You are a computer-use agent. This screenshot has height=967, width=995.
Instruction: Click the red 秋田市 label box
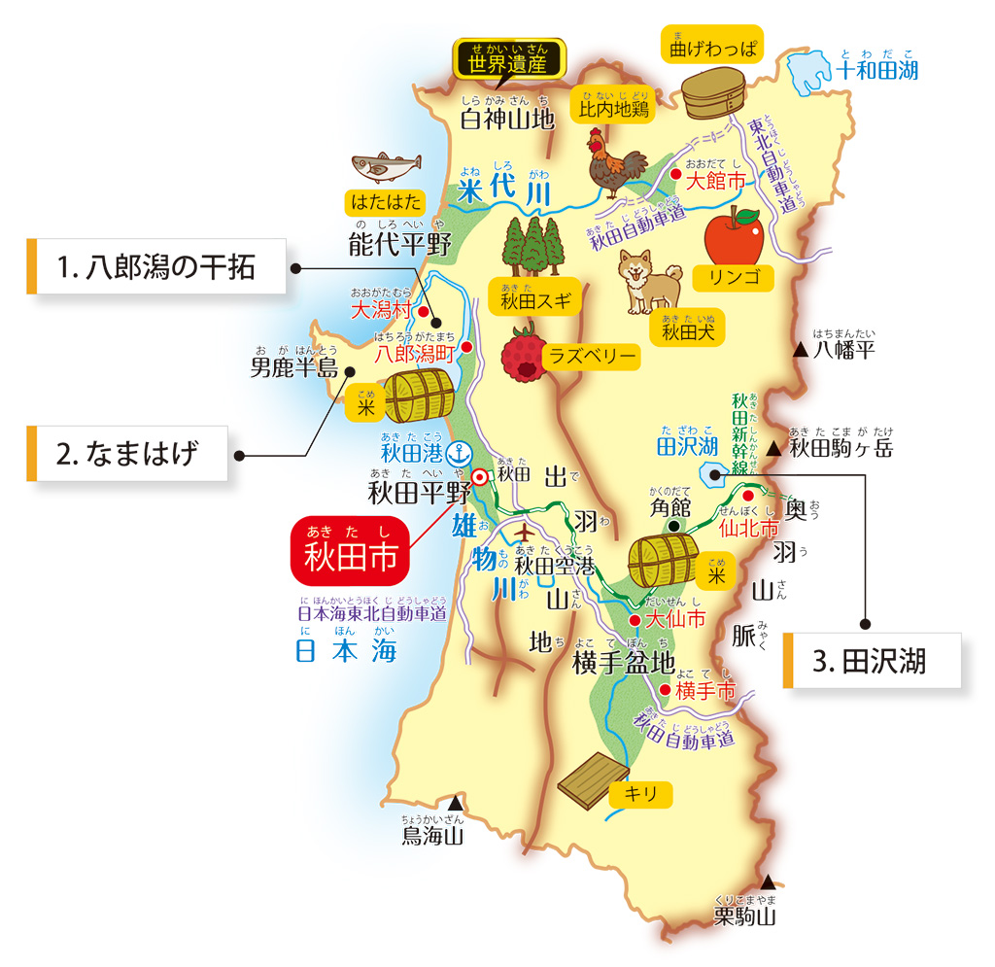(351, 551)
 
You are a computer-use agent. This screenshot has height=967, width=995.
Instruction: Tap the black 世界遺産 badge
(509, 62)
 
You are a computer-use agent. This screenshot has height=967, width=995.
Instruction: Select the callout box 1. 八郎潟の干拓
(155, 266)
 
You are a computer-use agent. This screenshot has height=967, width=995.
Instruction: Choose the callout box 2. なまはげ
(127, 453)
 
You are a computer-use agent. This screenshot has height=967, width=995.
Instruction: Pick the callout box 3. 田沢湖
(872, 662)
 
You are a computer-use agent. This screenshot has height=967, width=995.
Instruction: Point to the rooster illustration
(615, 161)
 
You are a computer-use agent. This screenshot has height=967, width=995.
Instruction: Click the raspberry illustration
(523, 356)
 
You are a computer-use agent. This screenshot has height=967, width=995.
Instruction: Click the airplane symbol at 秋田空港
(525, 534)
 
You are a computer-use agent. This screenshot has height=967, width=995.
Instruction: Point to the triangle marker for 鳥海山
(455, 804)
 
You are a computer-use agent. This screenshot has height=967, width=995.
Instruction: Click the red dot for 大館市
(675, 174)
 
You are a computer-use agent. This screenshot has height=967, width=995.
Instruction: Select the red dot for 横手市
(665, 690)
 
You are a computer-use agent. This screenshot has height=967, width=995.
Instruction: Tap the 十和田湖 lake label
(876, 70)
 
